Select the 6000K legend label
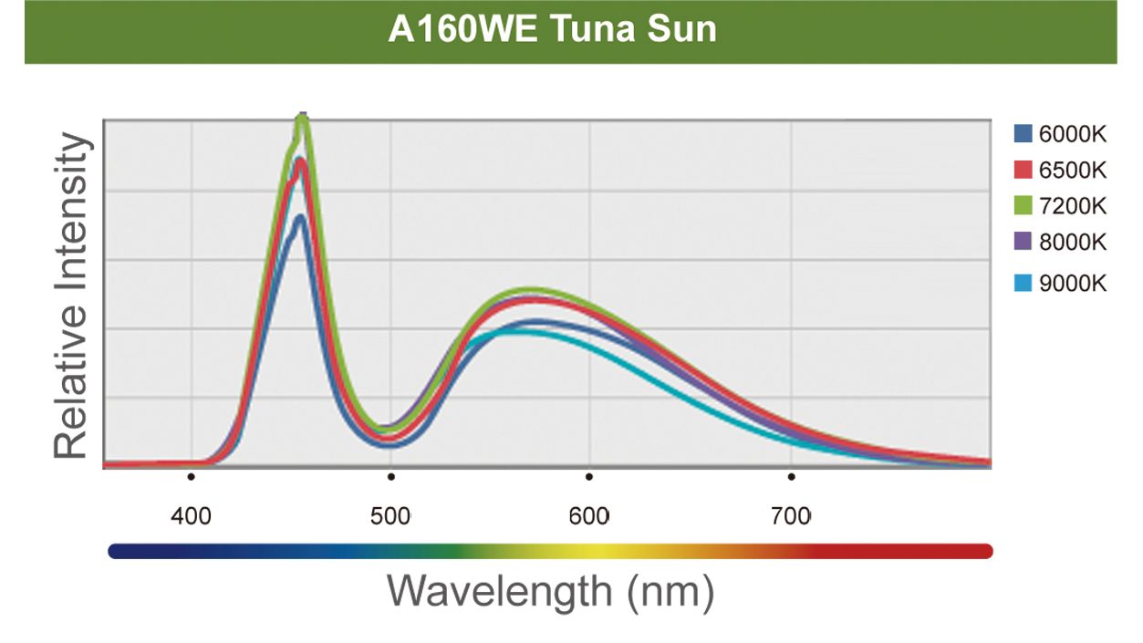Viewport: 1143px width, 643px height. (x=1073, y=135)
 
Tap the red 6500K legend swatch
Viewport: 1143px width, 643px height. (x=1024, y=171)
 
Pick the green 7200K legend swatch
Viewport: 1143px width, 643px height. (x=1024, y=206)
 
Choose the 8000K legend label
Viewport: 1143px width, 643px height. (x=1073, y=242)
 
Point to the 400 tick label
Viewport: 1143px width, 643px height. (x=192, y=516)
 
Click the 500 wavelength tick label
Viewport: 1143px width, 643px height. (x=390, y=516)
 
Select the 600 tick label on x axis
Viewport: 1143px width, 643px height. (x=589, y=516)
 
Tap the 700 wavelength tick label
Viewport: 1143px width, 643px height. (x=790, y=516)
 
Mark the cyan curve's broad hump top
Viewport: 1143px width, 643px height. (x=515, y=332)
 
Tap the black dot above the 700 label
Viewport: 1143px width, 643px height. (x=791, y=476)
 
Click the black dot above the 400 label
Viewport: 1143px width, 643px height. (x=191, y=476)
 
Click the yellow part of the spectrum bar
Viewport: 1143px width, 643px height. (x=584, y=551)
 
